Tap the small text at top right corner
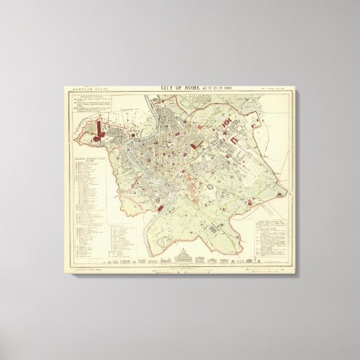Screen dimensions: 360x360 278,88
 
